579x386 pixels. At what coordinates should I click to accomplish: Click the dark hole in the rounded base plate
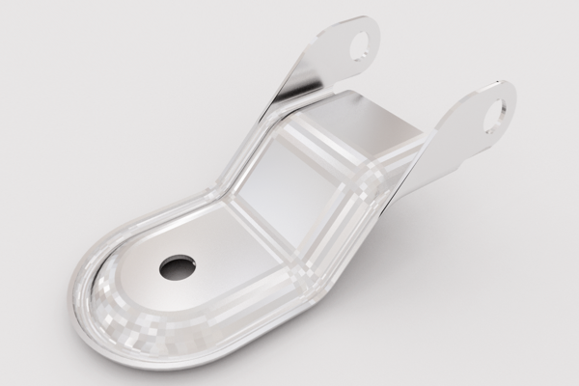click(178, 267)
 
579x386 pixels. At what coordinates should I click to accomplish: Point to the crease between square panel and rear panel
click(333, 145)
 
